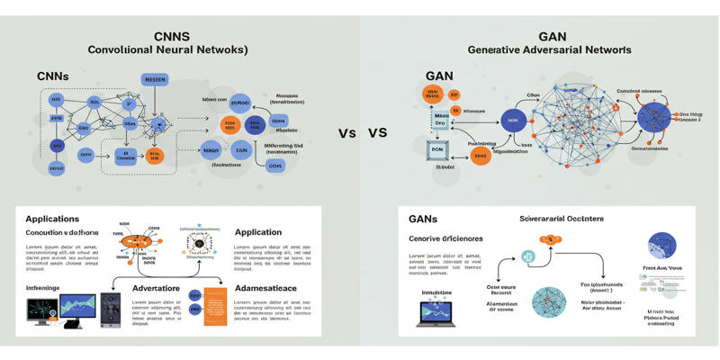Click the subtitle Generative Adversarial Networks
pos(552,50)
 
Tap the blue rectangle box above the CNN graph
pos(155,79)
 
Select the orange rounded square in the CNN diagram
pos(154,156)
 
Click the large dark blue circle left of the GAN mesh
pos(513,120)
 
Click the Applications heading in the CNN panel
pos(52,219)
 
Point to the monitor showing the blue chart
pos(77,309)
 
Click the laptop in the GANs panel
pos(436,312)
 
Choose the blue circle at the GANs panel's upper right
pos(662,246)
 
